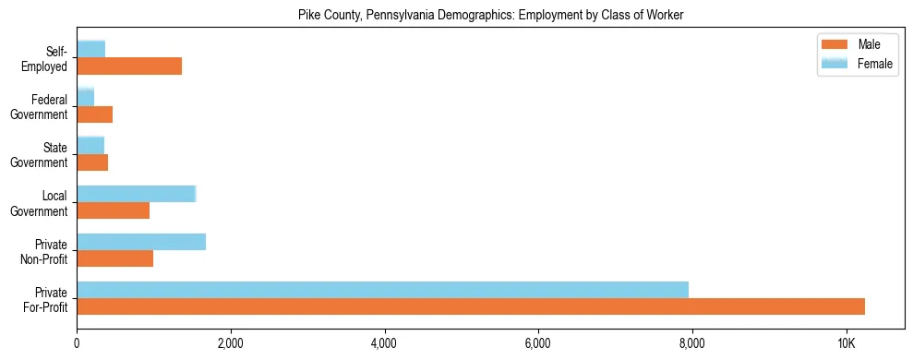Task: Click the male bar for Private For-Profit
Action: [471, 306]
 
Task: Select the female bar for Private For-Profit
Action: [382, 290]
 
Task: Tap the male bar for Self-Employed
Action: [129, 66]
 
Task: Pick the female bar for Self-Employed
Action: [90, 49]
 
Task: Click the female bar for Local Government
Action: [136, 194]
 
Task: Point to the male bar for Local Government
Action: [113, 210]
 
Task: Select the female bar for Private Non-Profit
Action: [141, 242]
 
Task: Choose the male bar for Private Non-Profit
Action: [114, 258]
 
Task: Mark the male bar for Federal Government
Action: [94, 114]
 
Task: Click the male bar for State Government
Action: [92, 162]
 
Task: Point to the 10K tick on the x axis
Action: [846, 343]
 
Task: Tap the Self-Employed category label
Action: [46, 58]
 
